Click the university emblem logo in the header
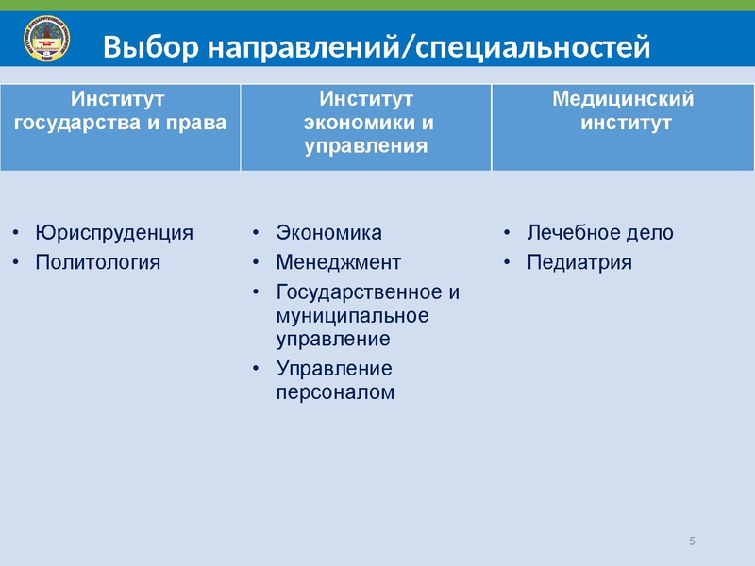(45, 42)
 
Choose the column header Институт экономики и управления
(366, 122)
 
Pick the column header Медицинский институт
(623, 110)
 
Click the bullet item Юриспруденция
(113, 232)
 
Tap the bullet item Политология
(97, 261)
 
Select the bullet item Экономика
(328, 232)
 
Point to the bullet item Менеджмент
(338, 261)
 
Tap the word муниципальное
(351, 315)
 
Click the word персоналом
(335, 391)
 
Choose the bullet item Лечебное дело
(600, 232)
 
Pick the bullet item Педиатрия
(579, 261)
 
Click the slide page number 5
(693, 541)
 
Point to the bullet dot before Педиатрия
(508, 261)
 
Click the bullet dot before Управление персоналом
(257, 368)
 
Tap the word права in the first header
(200, 123)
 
